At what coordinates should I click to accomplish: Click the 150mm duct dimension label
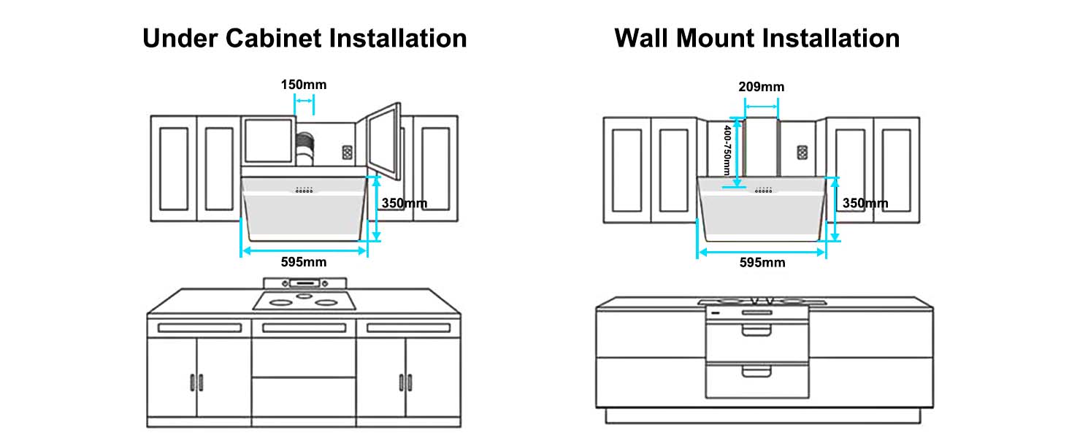(304, 85)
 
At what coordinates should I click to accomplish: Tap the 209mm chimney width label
(761, 87)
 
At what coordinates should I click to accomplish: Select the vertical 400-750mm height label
(727, 150)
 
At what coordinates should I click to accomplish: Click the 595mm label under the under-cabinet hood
(304, 261)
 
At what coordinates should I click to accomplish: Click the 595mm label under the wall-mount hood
(762, 262)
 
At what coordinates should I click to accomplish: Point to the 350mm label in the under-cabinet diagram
(405, 203)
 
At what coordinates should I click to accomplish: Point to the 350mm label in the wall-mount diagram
(865, 203)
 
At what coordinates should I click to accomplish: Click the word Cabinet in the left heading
(269, 38)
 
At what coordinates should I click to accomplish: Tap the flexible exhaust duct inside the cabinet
(307, 150)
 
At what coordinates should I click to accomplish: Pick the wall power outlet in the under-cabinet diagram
(348, 153)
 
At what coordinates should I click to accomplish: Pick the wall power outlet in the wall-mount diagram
(802, 153)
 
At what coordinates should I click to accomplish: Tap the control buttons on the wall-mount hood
(764, 191)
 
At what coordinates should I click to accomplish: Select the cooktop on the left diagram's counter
(304, 300)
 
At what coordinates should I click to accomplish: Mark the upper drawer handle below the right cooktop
(756, 331)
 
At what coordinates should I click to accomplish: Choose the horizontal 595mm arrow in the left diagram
(304, 250)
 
